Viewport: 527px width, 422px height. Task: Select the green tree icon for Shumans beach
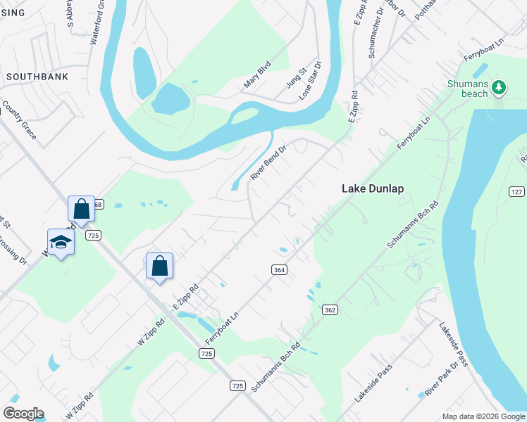point(500,87)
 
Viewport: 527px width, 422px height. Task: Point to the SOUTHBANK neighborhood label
point(37,76)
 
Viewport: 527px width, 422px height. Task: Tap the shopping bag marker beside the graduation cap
point(81,209)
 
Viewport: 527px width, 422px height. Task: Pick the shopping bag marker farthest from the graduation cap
point(160,266)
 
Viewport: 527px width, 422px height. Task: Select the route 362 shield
point(329,309)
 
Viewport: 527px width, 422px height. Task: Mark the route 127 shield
point(517,192)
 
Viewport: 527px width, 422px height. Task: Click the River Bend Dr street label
point(269,163)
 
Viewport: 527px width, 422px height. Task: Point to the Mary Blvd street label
point(257,74)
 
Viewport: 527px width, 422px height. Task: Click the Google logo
point(23,414)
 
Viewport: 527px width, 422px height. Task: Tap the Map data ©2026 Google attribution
point(483,416)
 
